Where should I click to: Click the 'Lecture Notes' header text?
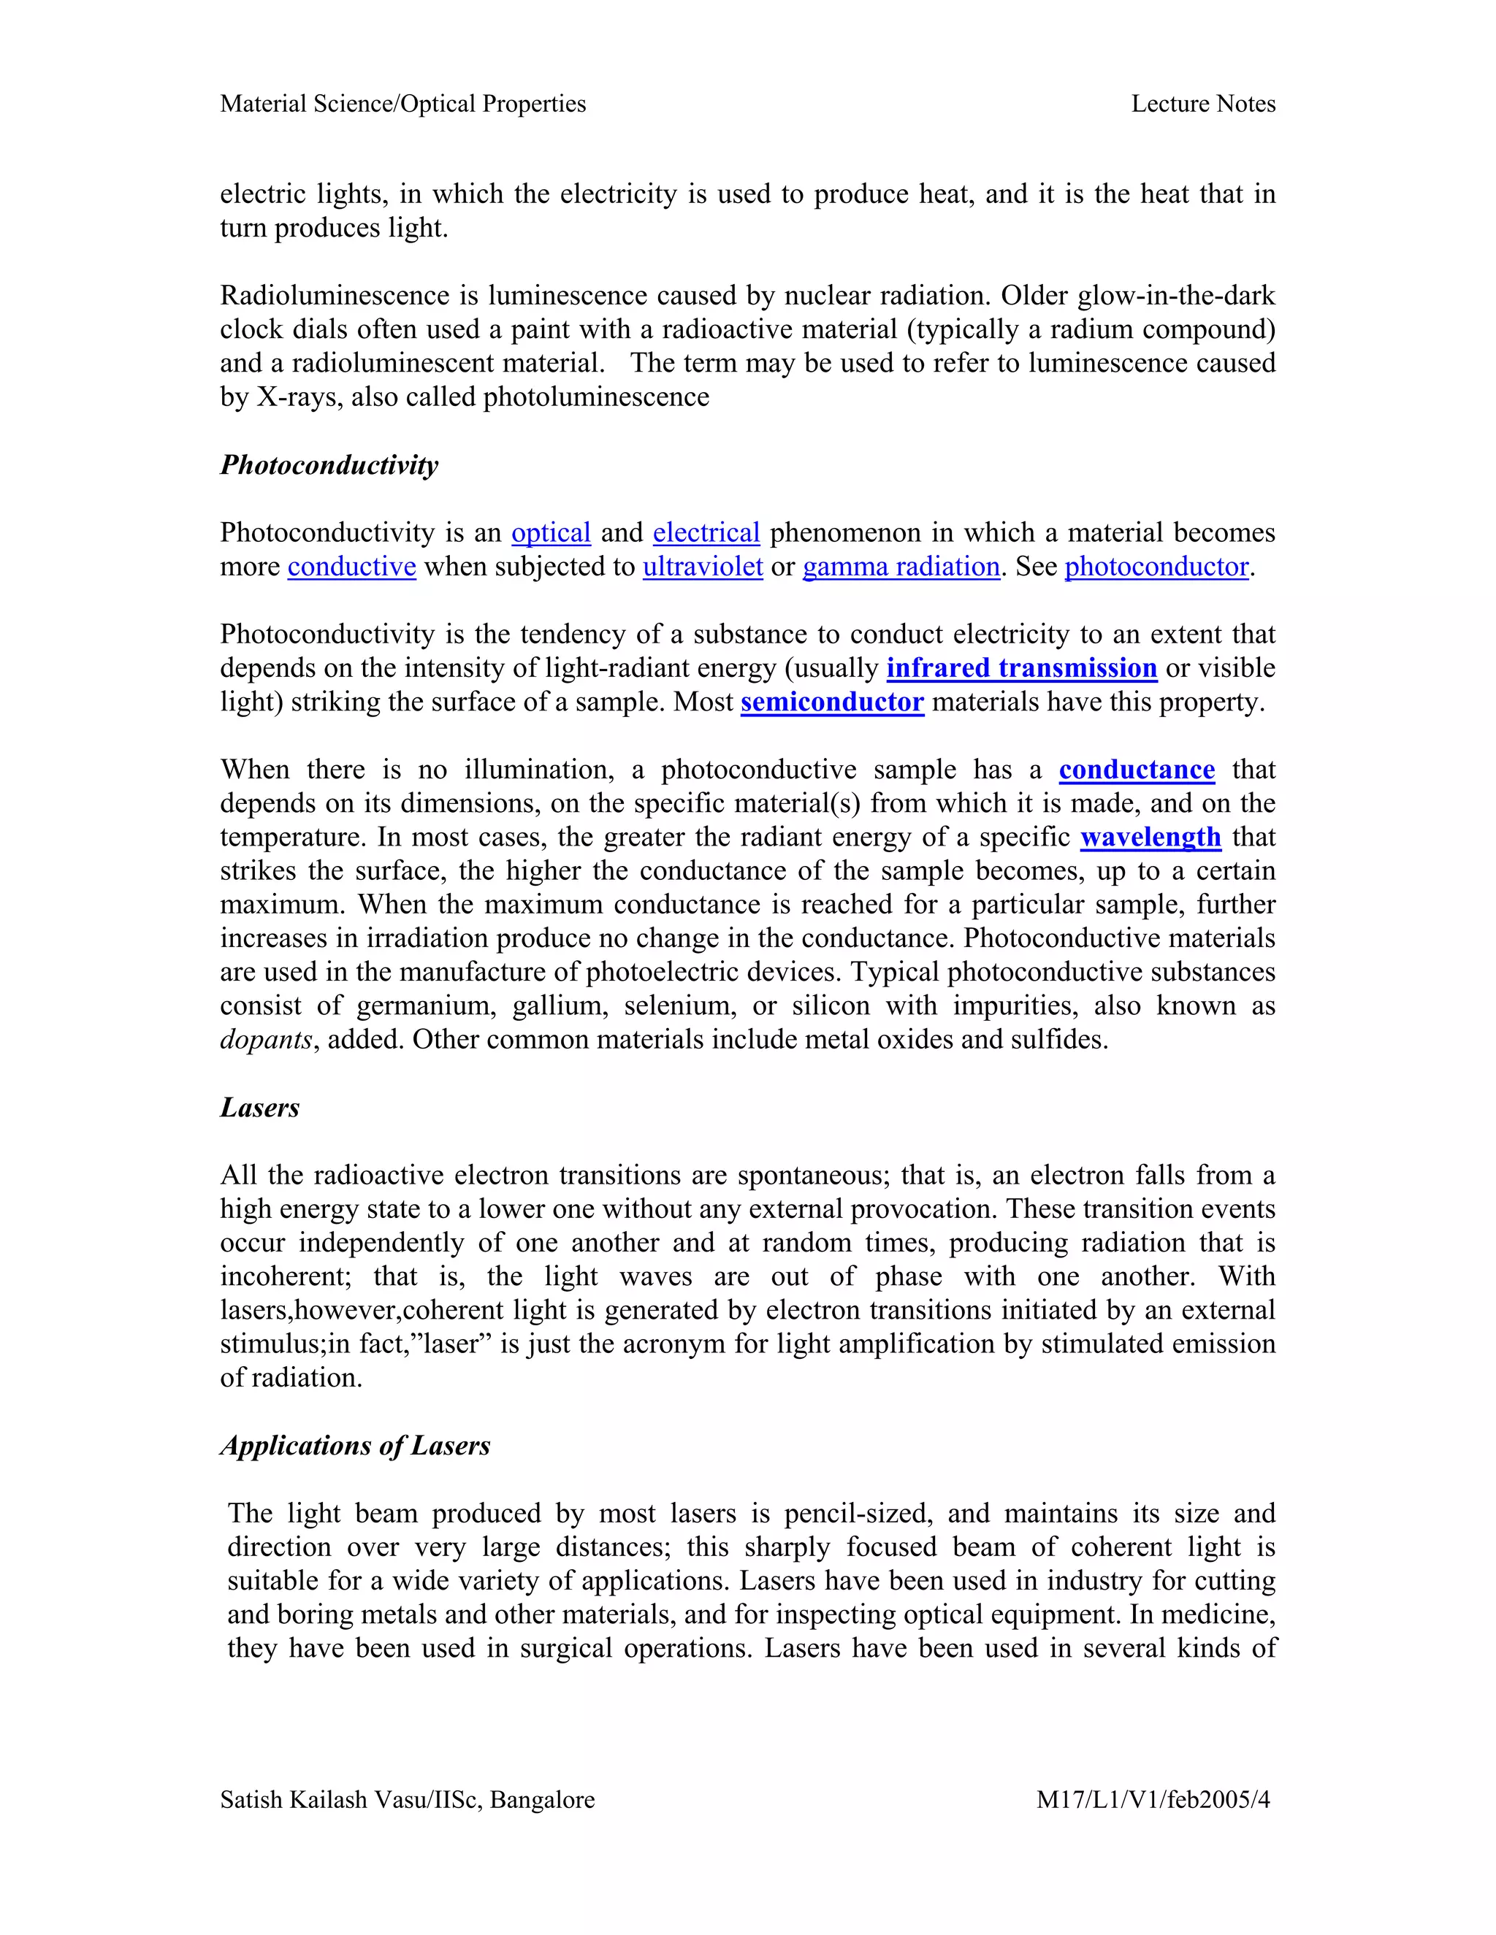click(1202, 104)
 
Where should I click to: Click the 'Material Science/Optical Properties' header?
click(402, 104)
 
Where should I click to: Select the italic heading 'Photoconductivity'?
click(329, 465)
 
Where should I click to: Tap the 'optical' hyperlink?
click(550, 532)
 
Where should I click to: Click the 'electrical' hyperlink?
click(706, 532)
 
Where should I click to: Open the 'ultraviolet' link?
click(702, 566)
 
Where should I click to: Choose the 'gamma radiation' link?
click(901, 566)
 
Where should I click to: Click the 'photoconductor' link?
click(1156, 566)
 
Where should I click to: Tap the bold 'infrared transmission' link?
click(1021, 668)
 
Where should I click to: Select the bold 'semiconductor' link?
click(831, 702)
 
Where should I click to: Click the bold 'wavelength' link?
click(1150, 838)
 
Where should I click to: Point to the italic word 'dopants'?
click(266, 1039)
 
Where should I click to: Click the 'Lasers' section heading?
click(259, 1108)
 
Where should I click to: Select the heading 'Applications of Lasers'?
click(354, 1446)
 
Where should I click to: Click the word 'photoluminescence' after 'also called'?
click(595, 397)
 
